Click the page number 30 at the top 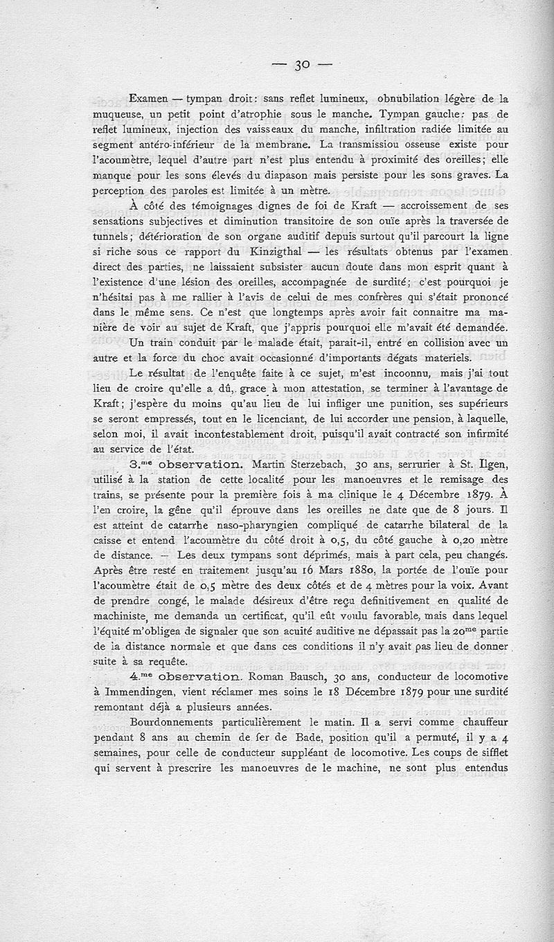point(301,66)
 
